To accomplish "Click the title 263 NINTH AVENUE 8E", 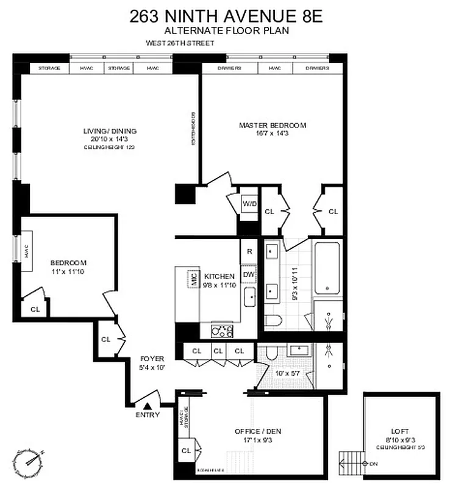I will pyautogui.click(x=226, y=16).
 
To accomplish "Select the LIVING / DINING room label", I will pyautogui.click(x=110, y=131).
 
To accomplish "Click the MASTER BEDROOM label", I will pyautogui.click(x=273, y=126).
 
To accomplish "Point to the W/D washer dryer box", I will pyautogui.click(x=249, y=204).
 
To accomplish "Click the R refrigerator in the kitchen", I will pyautogui.click(x=249, y=251).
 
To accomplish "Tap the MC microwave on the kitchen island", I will pyautogui.click(x=193, y=279).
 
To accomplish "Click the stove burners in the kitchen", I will pyautogui.click(x=222, y=331).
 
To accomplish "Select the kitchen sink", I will pyautogui.click(x=250, y=298).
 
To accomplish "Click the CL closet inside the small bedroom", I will pyautogui.click(x=35, y=309).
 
